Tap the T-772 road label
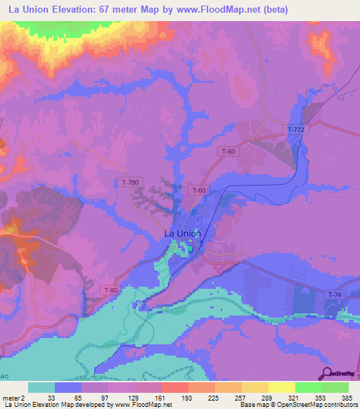coord(296,131)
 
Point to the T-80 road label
coord(111,290)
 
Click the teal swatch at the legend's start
coord(41,387)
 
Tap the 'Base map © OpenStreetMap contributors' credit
coord(298,405)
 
